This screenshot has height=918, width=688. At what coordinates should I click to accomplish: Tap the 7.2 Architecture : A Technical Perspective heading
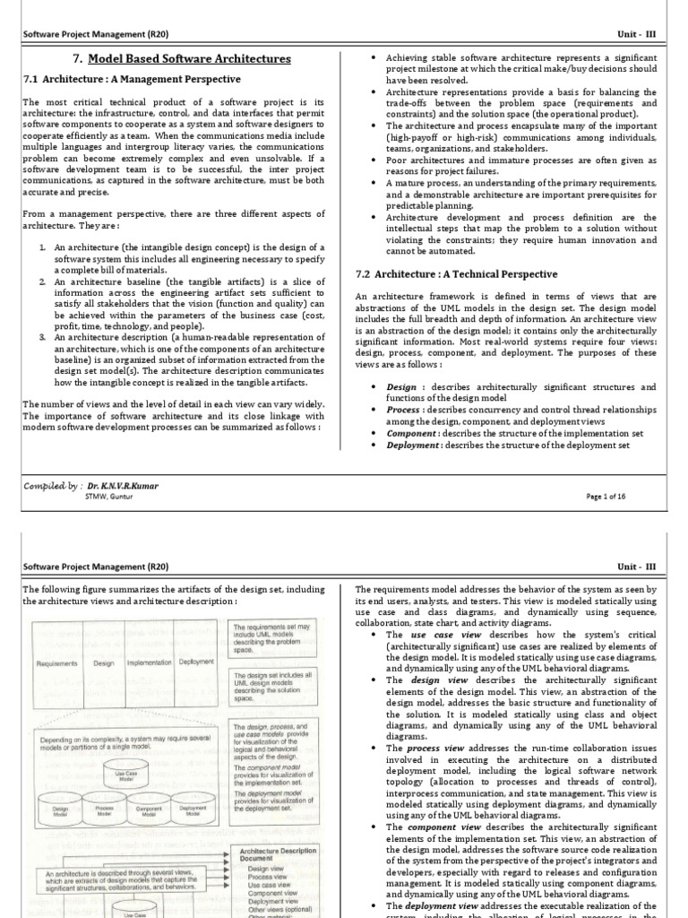[x=456, y=273]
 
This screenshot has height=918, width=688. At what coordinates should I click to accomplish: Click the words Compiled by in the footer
[x=52, y=486]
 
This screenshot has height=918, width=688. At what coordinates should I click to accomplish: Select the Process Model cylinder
[x=106, y=810]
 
